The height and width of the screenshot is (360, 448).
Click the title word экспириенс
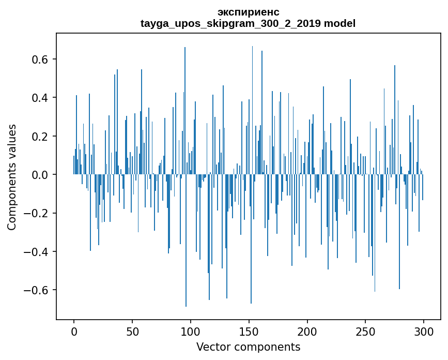248,12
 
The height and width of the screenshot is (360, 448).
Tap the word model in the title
339,24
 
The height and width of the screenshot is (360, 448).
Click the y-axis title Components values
12,177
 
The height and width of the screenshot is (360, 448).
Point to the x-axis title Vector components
248,347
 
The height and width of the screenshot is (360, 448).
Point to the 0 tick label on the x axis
74,331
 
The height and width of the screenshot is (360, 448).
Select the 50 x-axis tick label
132,331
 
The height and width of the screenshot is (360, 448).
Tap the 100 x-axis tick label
191,331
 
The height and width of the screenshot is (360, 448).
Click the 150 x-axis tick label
249,331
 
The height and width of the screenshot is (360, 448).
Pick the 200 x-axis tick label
307,331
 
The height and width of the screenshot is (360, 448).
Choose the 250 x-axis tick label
366,331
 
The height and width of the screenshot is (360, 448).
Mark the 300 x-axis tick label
424,331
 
